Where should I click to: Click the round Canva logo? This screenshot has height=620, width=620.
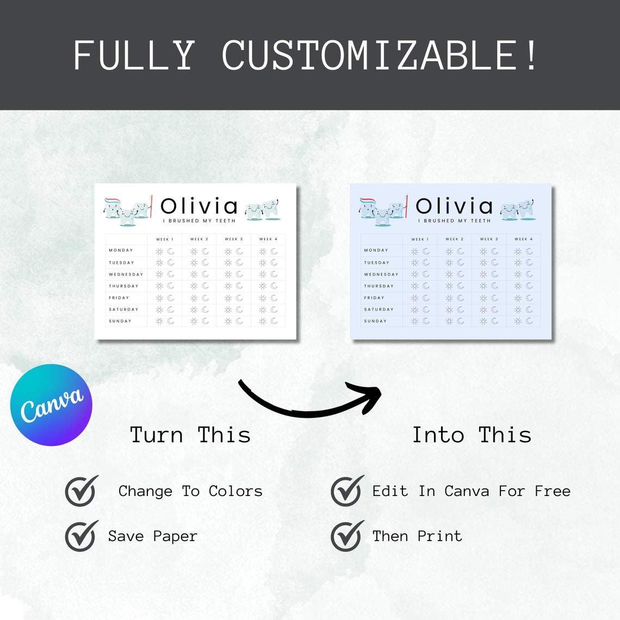(x=51, y=405)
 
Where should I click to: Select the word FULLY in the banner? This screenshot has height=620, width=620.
(x=134, y=55)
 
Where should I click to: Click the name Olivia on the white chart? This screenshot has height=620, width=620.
(x=199, y=207)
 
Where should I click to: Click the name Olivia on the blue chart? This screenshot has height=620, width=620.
(x=454, y=207)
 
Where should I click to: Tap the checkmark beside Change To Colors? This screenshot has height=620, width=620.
(x=82, y=491)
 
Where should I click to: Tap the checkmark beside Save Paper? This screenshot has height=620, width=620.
(x=82, y=536)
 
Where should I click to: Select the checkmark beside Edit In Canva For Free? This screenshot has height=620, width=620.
(x=347, y=491)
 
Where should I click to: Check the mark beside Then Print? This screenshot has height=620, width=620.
(x=347, y=536)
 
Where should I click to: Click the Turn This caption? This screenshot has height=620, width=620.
(x=190, y=435)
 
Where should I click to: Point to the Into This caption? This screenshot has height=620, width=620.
(x=472, y=435)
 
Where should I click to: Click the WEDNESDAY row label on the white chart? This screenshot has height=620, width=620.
(x=126, y=275)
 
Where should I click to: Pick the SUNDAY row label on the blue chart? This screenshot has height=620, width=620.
(x=375, y=321)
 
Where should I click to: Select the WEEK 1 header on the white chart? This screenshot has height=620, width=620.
(x=165, y=239)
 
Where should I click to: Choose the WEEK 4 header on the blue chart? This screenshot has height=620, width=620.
(x=523, y=239)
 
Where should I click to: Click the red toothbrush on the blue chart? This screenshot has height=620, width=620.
(x=406, y=207)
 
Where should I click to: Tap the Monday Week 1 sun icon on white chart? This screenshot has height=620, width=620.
(x=159, y=251)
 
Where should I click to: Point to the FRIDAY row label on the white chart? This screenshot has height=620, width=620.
(x=119, y=298)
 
